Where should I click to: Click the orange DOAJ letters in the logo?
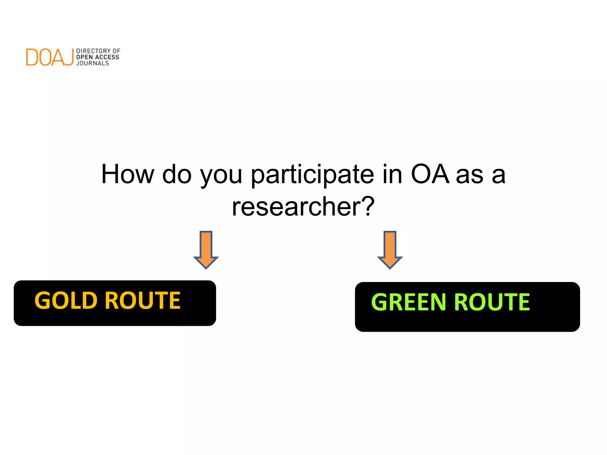point(49,57)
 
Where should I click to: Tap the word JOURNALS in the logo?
point(92,63)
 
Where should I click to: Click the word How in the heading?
point(127,174)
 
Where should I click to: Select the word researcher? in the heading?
point(303,207)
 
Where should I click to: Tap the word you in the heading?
point(221,175)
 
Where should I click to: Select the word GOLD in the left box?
point(66,300)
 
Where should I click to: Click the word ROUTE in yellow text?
point(143,300)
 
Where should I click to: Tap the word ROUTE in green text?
point(492,302)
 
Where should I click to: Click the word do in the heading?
point(177,174)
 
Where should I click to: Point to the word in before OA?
point(392,174)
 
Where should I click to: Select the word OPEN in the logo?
point(84,57)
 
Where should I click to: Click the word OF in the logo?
point(116,51)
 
